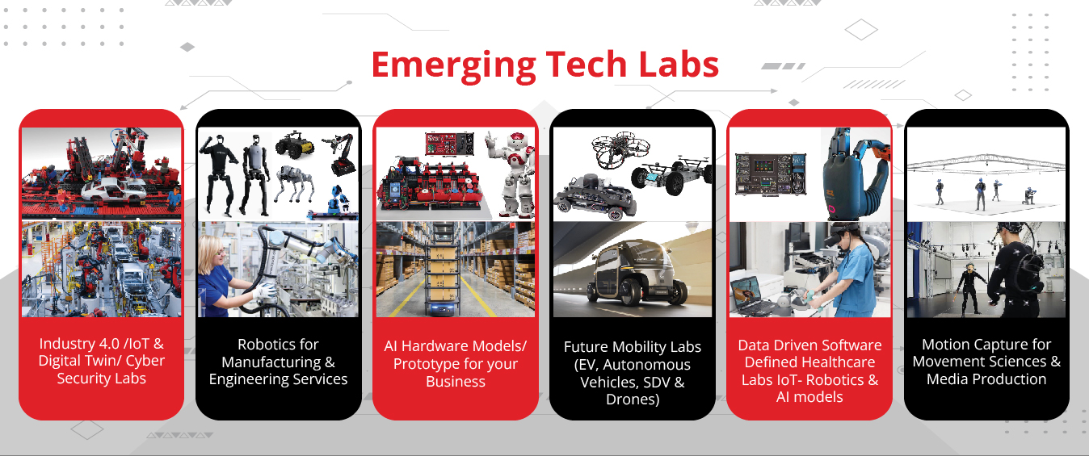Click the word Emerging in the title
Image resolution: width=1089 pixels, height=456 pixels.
pyautogui.click(x=453, y=66)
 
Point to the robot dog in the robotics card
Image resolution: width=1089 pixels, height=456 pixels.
pyautogui.click(x=293, y=182)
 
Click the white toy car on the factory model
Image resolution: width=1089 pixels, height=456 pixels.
pyautogui.click(x=112, y=190)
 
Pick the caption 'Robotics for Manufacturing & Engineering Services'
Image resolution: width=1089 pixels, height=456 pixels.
pyautogui.click(x=278, y=362)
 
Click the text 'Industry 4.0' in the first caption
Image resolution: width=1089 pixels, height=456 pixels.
pyautogui.click(x=79, y=344)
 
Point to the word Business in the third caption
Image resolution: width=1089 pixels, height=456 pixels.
pyautogui.click(x=456, y=382)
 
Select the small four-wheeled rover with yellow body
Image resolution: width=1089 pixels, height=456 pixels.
pyautogui.click(x=295, y=144)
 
